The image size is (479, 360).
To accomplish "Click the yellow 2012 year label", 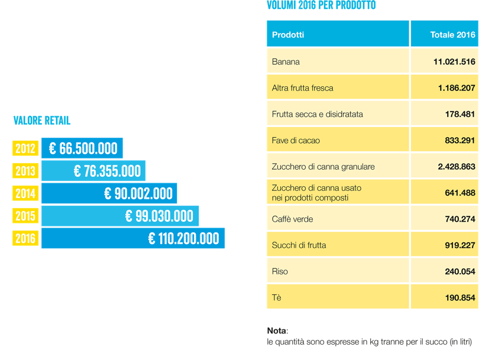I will click(25, 148).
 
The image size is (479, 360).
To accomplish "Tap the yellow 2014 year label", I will click(25, 193).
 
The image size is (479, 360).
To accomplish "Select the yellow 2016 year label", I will click(25, 239).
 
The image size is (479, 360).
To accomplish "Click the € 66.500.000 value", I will click(83, 148).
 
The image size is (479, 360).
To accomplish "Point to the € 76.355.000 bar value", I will click(108, 171).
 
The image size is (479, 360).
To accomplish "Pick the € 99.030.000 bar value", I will click(159, 216).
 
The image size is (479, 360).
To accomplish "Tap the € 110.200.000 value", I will click(183, 239).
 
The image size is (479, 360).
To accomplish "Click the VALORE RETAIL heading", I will click(42, 121).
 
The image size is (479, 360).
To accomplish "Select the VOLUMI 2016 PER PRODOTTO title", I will click(321, 6).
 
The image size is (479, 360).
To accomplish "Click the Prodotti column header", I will click(288, 35).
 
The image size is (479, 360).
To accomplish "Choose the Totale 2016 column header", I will click(452, 35).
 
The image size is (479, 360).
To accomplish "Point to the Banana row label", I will click(286, 61).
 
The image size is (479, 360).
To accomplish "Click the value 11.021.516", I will click(454, 61).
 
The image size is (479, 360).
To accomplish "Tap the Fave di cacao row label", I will click(296, 140).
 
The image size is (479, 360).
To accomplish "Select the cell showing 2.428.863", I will click(457, 167).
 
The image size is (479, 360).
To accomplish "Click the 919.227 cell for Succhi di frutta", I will click(460, 245).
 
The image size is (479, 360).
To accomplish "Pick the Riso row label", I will click(280, 271).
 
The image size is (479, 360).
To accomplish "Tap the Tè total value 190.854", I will click(460, 297).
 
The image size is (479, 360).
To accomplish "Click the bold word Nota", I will click(276, 330).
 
